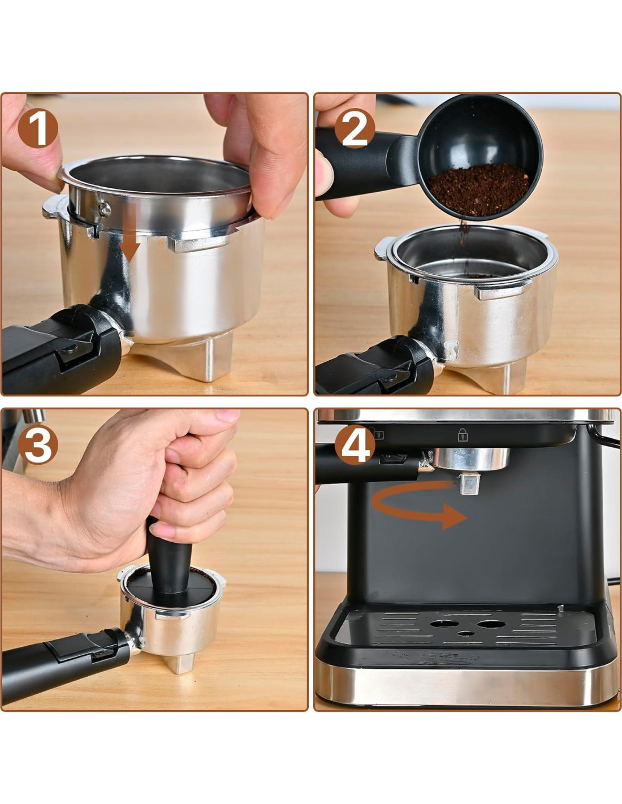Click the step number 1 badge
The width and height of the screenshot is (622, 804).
click(x=38, y=128)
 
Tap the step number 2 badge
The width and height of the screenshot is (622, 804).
click(x=355, y=128)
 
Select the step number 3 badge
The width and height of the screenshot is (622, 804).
click(x=38, y=444)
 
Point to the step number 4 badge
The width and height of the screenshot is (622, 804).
click(x=355, y=444)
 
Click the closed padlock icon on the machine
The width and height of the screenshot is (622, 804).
click(x=463, y=434)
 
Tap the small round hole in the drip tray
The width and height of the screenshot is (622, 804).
click(x=466, y=633)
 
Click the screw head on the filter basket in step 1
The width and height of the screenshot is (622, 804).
click(x=105, y=209)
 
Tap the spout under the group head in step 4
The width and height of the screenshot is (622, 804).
click(x=469, y=483)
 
